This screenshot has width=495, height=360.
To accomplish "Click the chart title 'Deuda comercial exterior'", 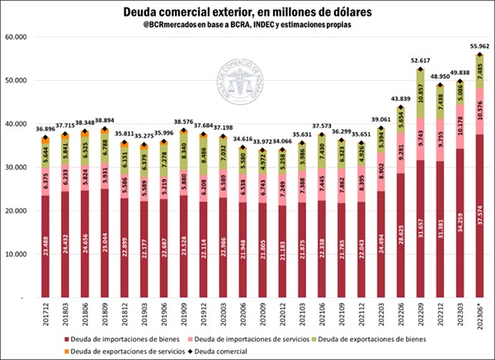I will click(247, 12).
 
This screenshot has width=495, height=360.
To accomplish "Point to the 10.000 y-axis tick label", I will click(18, 254).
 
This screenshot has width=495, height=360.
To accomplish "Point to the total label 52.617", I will click(421, 60).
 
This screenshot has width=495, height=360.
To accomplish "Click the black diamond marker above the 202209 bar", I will click(421, 69).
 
